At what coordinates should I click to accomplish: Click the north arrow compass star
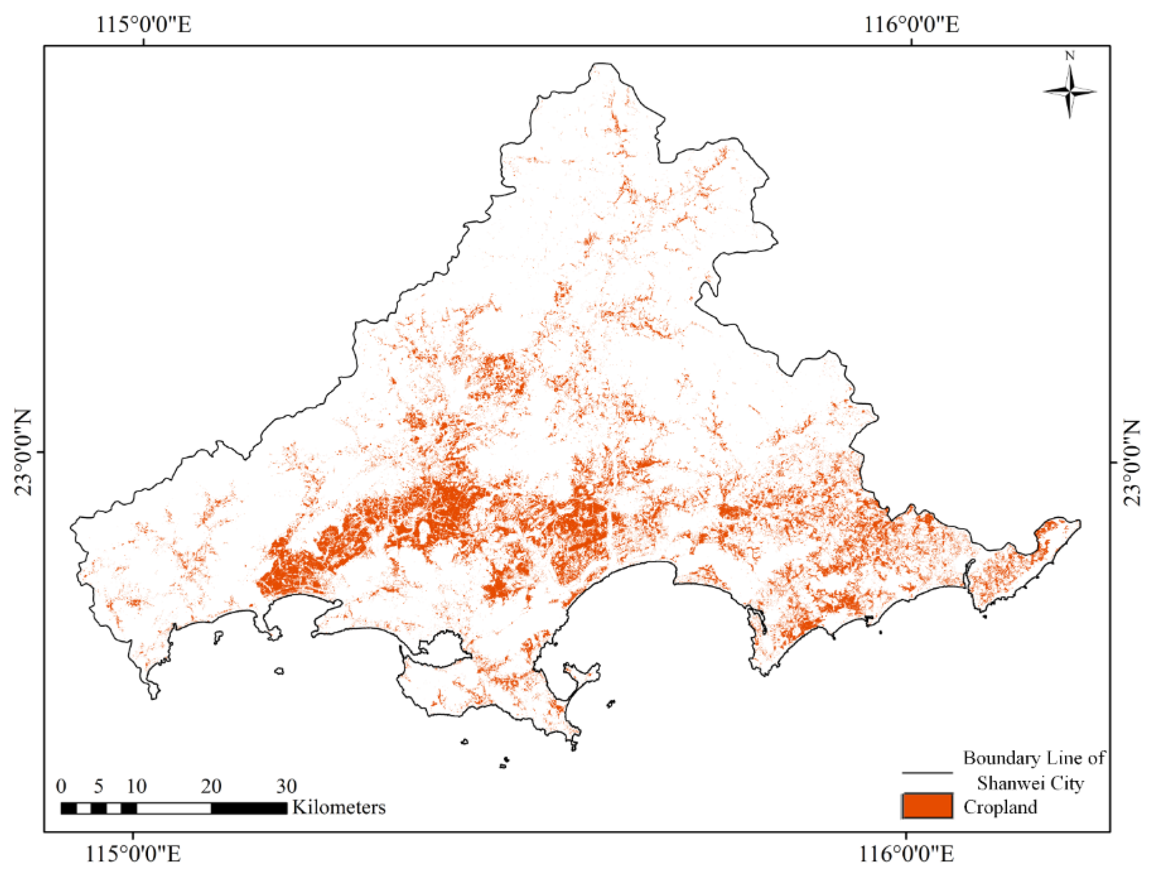[1069, 92]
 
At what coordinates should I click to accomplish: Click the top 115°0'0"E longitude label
[143, 24]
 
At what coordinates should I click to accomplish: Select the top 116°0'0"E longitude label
[911, 24]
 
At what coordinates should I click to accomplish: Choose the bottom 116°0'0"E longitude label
[906, 855]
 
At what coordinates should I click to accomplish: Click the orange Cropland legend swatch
[927, 806]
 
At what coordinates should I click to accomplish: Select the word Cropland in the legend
[1000, 807]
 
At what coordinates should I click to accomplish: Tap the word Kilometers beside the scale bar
[339, 807]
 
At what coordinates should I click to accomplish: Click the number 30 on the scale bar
[286, 786]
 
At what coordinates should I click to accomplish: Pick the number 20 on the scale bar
[211, 786]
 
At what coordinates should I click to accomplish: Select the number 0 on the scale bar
[62, 786]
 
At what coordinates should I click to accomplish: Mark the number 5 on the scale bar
[99, 786]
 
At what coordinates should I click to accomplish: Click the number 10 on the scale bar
[136, 786]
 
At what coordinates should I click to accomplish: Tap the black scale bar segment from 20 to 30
[249, 808]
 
